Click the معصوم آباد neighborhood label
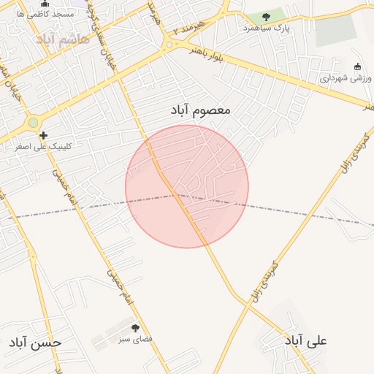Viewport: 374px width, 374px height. click(x=200, y=110)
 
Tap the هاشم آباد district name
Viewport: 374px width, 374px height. click(x=66, y=38)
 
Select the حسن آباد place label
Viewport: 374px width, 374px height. click(x=36, y=342)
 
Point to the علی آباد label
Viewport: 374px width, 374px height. click(x=306, y=340)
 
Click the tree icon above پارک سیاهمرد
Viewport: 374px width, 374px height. click(x=266, y=17)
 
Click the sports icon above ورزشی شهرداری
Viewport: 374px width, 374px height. click(x=357, y=66)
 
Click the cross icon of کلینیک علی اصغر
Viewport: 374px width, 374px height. click(x=44, y=135)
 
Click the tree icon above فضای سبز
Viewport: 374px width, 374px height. click(x=135, y=328)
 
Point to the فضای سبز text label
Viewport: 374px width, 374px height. click(x=135, y=339)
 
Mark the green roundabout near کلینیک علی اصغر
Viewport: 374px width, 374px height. click(x=32, y=123)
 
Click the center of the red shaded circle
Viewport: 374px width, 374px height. click(x=187, y=186)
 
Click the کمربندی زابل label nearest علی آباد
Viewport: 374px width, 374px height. click(x=264, y=278)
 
